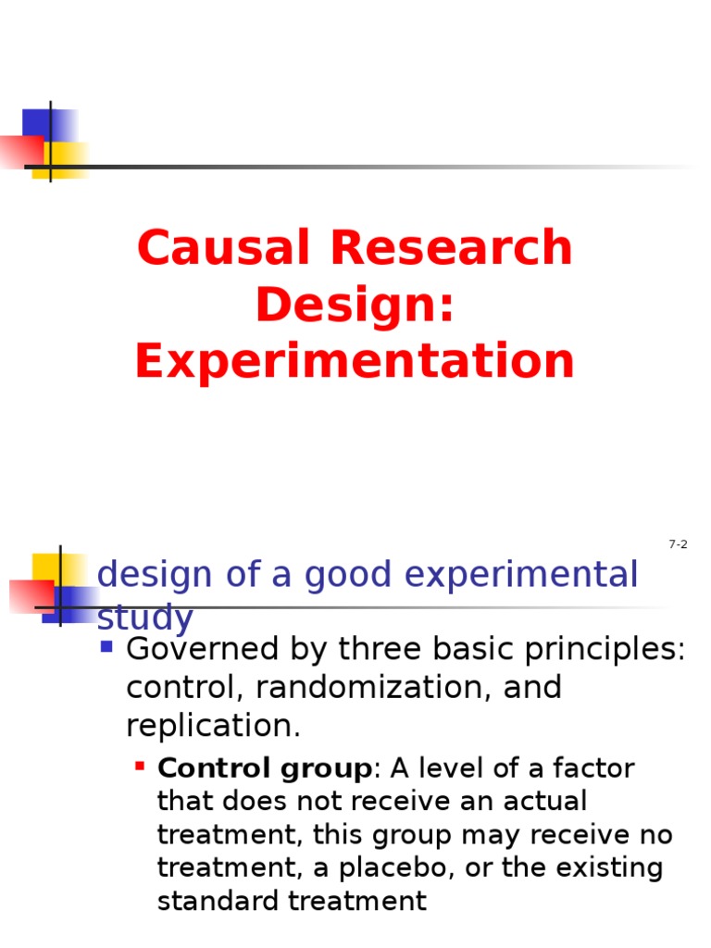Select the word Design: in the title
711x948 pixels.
[x=355, y=305]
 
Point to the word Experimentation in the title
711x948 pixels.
[x=355, y=361]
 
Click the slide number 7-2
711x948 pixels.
[x=678, y=544]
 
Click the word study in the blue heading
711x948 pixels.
[x=145, y=617]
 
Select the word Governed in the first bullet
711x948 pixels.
[x=190, y=650]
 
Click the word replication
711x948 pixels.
[x=213, y=726]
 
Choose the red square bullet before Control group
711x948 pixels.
[x=139, y=767]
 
